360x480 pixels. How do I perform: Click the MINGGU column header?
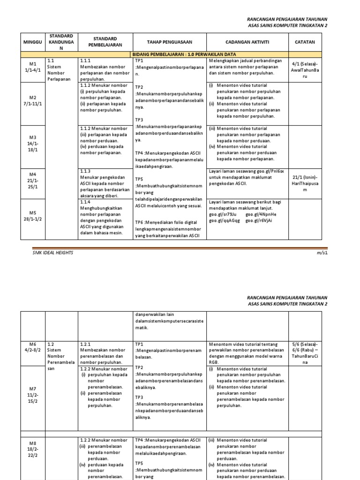click(33, 42)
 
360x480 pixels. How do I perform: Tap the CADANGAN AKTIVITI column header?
click(247, 42)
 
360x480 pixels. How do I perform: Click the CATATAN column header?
click(305, 42)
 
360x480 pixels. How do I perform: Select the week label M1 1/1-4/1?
click(33, 67)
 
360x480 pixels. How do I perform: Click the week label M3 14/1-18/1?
click(33, 143)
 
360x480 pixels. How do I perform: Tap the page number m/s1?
click(322, 253)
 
